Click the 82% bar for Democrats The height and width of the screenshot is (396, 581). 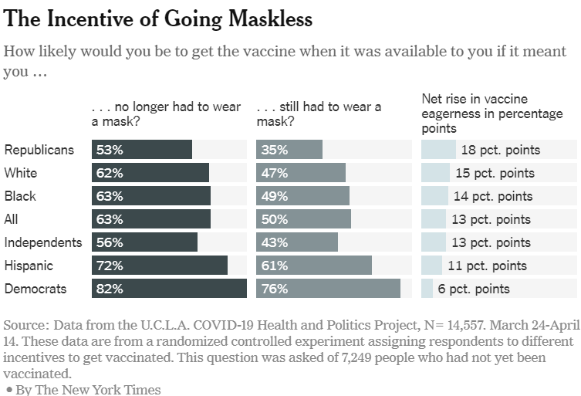(168, 289)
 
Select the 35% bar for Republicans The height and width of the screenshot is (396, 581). (289, 150)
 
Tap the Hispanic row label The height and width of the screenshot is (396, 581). (28, 266)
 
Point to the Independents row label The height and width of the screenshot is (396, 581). (43, 242)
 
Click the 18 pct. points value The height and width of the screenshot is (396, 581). (500, 150)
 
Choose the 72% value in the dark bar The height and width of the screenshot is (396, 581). (108, 266)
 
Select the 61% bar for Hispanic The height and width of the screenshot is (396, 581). (314, 266)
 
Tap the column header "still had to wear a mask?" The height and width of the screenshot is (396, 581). (318, 114)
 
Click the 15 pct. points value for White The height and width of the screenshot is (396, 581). (494, 173)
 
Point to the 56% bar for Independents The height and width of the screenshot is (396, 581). (144, 242)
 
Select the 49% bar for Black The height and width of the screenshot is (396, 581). (302, 196)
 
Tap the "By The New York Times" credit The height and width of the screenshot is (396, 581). (86, 389)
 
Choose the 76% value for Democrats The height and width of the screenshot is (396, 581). (273, 289)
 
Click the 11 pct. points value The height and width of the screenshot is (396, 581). (488, 266)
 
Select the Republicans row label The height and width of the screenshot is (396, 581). (39, 150)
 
